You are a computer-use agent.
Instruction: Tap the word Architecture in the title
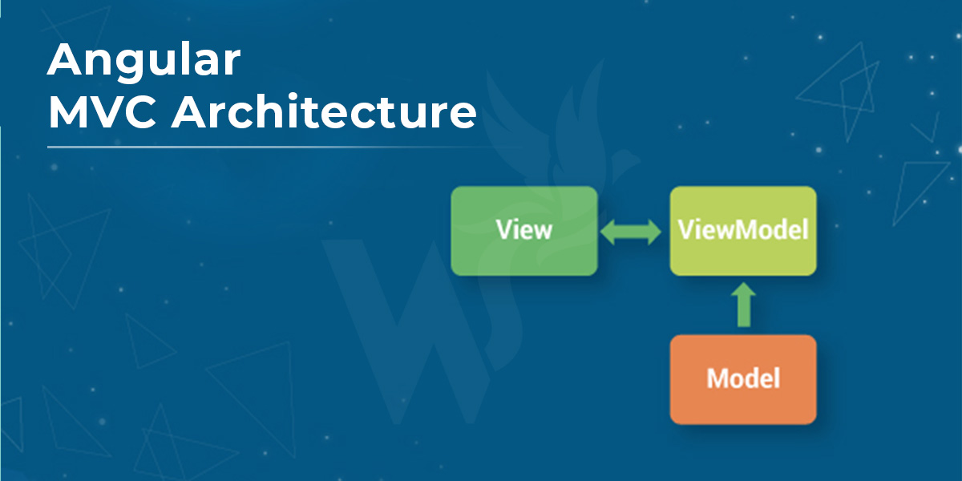[324, 111]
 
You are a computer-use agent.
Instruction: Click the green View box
[524, 231]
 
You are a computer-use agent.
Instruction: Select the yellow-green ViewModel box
[743, 231]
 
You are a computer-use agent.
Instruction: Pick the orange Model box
[743, 380]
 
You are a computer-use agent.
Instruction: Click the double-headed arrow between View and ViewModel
[630, 232]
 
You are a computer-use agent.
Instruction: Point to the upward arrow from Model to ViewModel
[743, 305]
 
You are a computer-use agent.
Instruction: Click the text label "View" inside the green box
[524, 230]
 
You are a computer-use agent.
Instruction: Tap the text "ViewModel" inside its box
[743, 230]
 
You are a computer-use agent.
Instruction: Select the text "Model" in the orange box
[743, 378]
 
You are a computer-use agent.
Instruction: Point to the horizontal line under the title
[284, 147]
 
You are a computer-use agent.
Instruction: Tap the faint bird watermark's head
[624, 161]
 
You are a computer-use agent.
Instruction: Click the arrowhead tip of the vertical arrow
[743, 282]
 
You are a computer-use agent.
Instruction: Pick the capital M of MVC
[69, 112]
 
